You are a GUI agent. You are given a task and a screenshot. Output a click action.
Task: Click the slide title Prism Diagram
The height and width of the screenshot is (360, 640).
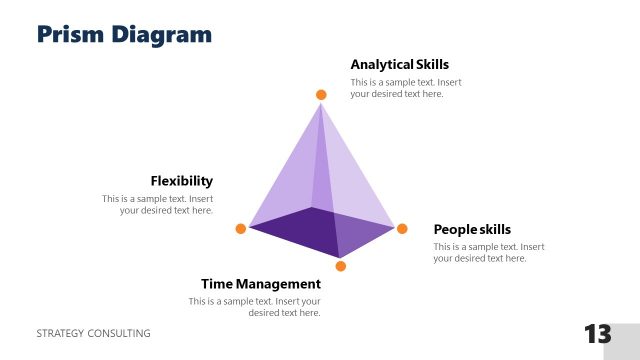point(125,34)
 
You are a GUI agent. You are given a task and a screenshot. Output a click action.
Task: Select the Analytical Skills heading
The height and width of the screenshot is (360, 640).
point(400,64)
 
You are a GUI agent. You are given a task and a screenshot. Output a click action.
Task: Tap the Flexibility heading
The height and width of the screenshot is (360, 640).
point(181,181)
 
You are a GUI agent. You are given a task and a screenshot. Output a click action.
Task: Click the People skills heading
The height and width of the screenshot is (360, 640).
point(472,229)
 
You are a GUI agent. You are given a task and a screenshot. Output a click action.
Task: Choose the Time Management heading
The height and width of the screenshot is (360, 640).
point(260,284)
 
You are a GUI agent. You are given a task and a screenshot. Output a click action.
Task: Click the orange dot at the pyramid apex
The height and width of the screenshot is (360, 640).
point(321,95)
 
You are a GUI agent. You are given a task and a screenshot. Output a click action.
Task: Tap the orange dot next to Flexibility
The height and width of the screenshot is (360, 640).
point(241,229)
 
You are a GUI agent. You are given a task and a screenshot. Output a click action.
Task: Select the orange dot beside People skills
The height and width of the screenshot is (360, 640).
point(402,229)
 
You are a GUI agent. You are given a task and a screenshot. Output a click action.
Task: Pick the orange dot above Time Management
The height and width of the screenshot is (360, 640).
point(341,266)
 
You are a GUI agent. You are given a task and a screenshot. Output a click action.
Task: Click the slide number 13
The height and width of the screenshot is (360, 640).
point(597,334)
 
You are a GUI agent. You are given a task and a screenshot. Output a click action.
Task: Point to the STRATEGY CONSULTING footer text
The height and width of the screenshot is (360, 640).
point(93,333)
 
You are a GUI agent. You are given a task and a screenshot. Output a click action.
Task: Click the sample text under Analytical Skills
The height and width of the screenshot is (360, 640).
point(405,88)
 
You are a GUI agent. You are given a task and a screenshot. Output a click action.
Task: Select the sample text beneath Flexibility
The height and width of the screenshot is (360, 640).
point(158,204)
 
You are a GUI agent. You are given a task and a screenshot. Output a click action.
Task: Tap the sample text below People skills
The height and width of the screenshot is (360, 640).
point(488,252)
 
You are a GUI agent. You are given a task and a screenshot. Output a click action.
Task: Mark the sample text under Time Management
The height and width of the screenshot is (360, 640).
point(255,307)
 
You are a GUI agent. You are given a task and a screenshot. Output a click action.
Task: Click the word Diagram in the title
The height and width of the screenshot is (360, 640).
point(167,34)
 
